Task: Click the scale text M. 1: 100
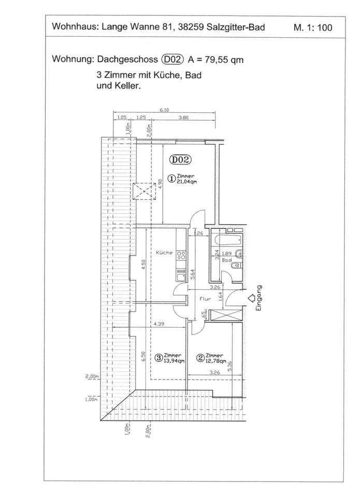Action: click(313, 27)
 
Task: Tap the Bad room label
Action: click(226, 260)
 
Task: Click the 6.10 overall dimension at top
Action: click(165, 110)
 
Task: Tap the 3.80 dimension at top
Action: click(183, 118)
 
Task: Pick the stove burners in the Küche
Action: click(182, 255)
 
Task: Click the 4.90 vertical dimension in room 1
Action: click(161, 183)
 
